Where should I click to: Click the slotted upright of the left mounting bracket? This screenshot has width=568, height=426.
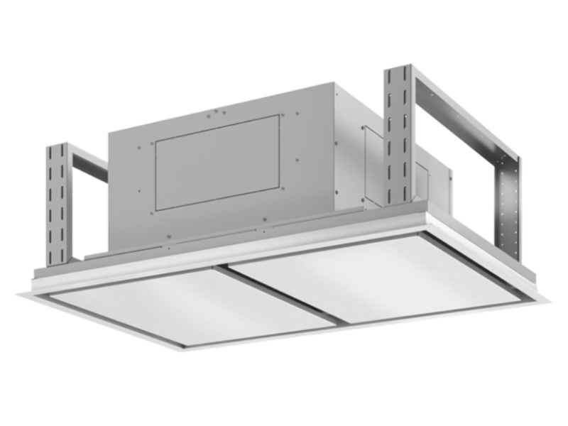click(57, 206)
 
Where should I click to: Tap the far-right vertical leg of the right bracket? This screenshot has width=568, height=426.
click(508, 206)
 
